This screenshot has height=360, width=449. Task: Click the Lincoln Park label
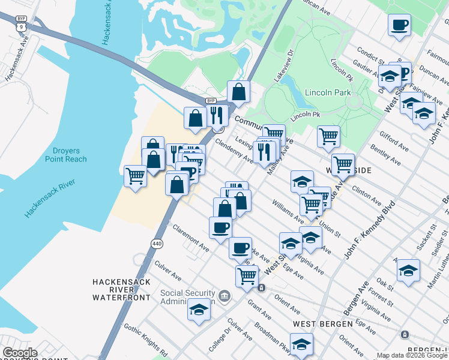click(x=327, y=92)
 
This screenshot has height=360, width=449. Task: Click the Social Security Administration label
click(x=187, y=297)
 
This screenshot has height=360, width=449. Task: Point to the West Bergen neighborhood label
click(x=322, y=324)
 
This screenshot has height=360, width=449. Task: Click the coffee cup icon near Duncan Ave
click(x=399, y=25)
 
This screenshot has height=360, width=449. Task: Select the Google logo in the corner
click(x=20, y=353)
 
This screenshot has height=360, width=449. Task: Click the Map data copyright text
click(x=411, y=355)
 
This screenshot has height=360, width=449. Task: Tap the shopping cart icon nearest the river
click(x=135, y=176)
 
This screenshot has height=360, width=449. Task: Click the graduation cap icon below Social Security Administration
click(x=198, y=310)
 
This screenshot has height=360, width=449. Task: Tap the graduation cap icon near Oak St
click(x=408, y=271)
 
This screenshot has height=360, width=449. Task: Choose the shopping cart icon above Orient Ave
click(x=247, y=275)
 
